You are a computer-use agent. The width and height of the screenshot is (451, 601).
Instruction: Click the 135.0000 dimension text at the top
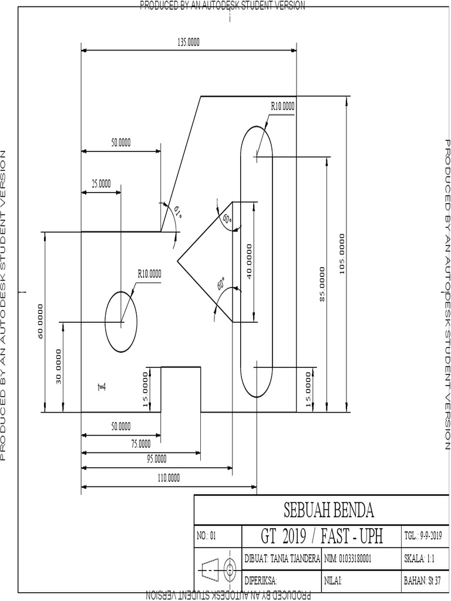click(189, 42)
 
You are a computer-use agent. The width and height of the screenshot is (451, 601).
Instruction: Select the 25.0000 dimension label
click(100, 184)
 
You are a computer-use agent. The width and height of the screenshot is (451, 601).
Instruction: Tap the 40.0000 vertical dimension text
click(249, 262)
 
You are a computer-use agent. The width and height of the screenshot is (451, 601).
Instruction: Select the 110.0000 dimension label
click(169, 478)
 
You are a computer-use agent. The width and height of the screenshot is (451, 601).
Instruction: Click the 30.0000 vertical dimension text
click(58, 366)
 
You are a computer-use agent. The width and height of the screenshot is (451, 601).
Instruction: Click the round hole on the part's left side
click(121, 322)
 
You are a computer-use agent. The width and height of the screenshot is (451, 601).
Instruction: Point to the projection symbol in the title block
click(218, 569)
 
